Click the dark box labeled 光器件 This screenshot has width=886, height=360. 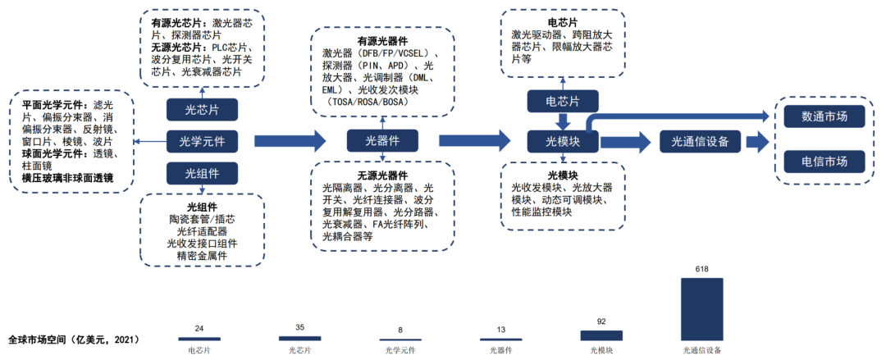point(383,142)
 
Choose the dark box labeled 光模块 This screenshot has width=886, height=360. point(564,142)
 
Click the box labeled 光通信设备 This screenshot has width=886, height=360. point(701,142)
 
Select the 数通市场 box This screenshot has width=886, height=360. point(824,116)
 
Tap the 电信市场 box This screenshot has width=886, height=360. point(824,161)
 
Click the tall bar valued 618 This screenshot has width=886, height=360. point(701,308)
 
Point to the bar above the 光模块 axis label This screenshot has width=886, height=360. point(601,335)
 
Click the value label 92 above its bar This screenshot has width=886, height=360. point(601,322)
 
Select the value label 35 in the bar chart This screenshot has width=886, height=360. point(299,328)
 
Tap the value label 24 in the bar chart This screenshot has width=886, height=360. point(199,329)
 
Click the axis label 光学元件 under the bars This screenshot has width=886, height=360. point(400,350)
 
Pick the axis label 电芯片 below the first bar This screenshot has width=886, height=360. point(199,350)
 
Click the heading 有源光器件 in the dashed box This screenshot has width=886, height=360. point(382,42)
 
